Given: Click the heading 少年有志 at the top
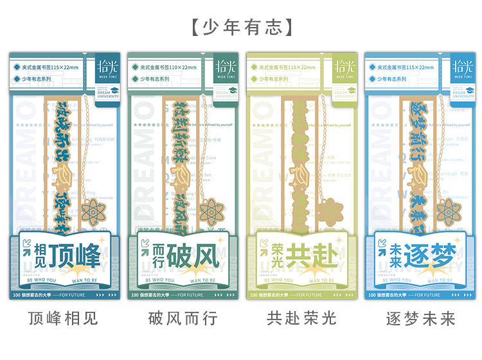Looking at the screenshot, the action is coord(241,26).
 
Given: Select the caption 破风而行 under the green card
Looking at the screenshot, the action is coord(183,318).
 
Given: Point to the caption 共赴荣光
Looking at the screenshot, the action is coord(301,318).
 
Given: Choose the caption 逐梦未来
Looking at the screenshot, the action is coord(420,318).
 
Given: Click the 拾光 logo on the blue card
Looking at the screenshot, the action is coord(461,66).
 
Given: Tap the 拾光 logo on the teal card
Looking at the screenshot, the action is coord(105,66).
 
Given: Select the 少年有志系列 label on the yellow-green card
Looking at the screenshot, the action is coord(280,79).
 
